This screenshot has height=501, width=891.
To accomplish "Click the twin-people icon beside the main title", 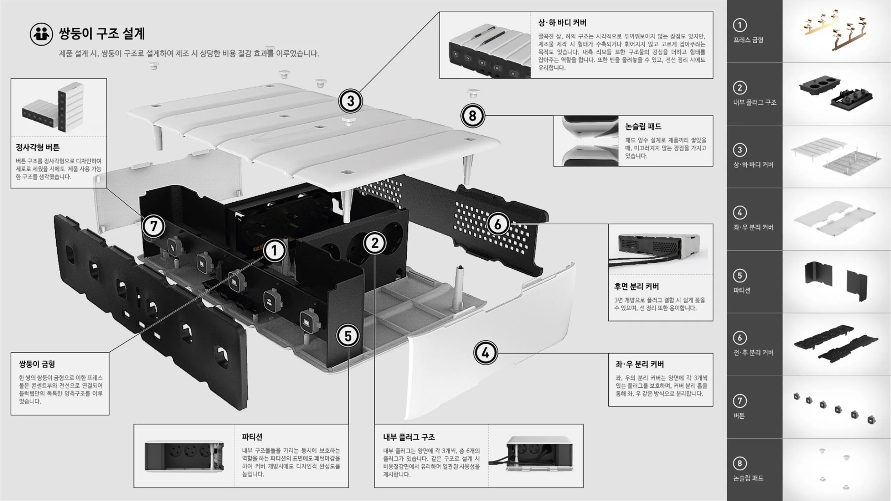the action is (x=41, y=34).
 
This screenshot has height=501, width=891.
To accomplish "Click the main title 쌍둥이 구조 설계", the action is (x=102, y=34).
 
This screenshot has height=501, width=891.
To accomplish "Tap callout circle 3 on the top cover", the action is (x=350, y=101).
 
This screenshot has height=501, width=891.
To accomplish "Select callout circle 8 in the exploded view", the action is (x=473, y=116).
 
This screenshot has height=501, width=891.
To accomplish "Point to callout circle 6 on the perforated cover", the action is (x=498, y=224).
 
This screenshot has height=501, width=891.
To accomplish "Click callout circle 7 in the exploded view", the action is (x=154, y=226).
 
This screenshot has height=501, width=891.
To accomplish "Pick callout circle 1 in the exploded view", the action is (x=274, y=251).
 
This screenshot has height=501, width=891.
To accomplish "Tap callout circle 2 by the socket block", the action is (x=375, y=244).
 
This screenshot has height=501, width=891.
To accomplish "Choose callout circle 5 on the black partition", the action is (x=348, y=336).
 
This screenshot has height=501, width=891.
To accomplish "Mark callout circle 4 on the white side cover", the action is (x=485, y=353).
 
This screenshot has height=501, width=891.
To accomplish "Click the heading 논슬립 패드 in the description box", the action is (x=643, y=126).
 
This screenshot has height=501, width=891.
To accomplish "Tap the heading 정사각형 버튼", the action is (x=38, y=148).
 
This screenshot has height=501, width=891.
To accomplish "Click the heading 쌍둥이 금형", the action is (x=37, y=364).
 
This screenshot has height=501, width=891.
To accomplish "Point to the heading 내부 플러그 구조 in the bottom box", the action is (x=409, y=437).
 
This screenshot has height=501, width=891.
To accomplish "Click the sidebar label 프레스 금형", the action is (x=748, y=40).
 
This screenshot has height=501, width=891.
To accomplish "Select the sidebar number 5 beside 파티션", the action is (x=740, y=275).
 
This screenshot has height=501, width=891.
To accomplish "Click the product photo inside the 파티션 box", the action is (x=184, y=456).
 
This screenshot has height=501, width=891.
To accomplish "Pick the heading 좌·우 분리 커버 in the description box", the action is (x=640, y=364).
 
